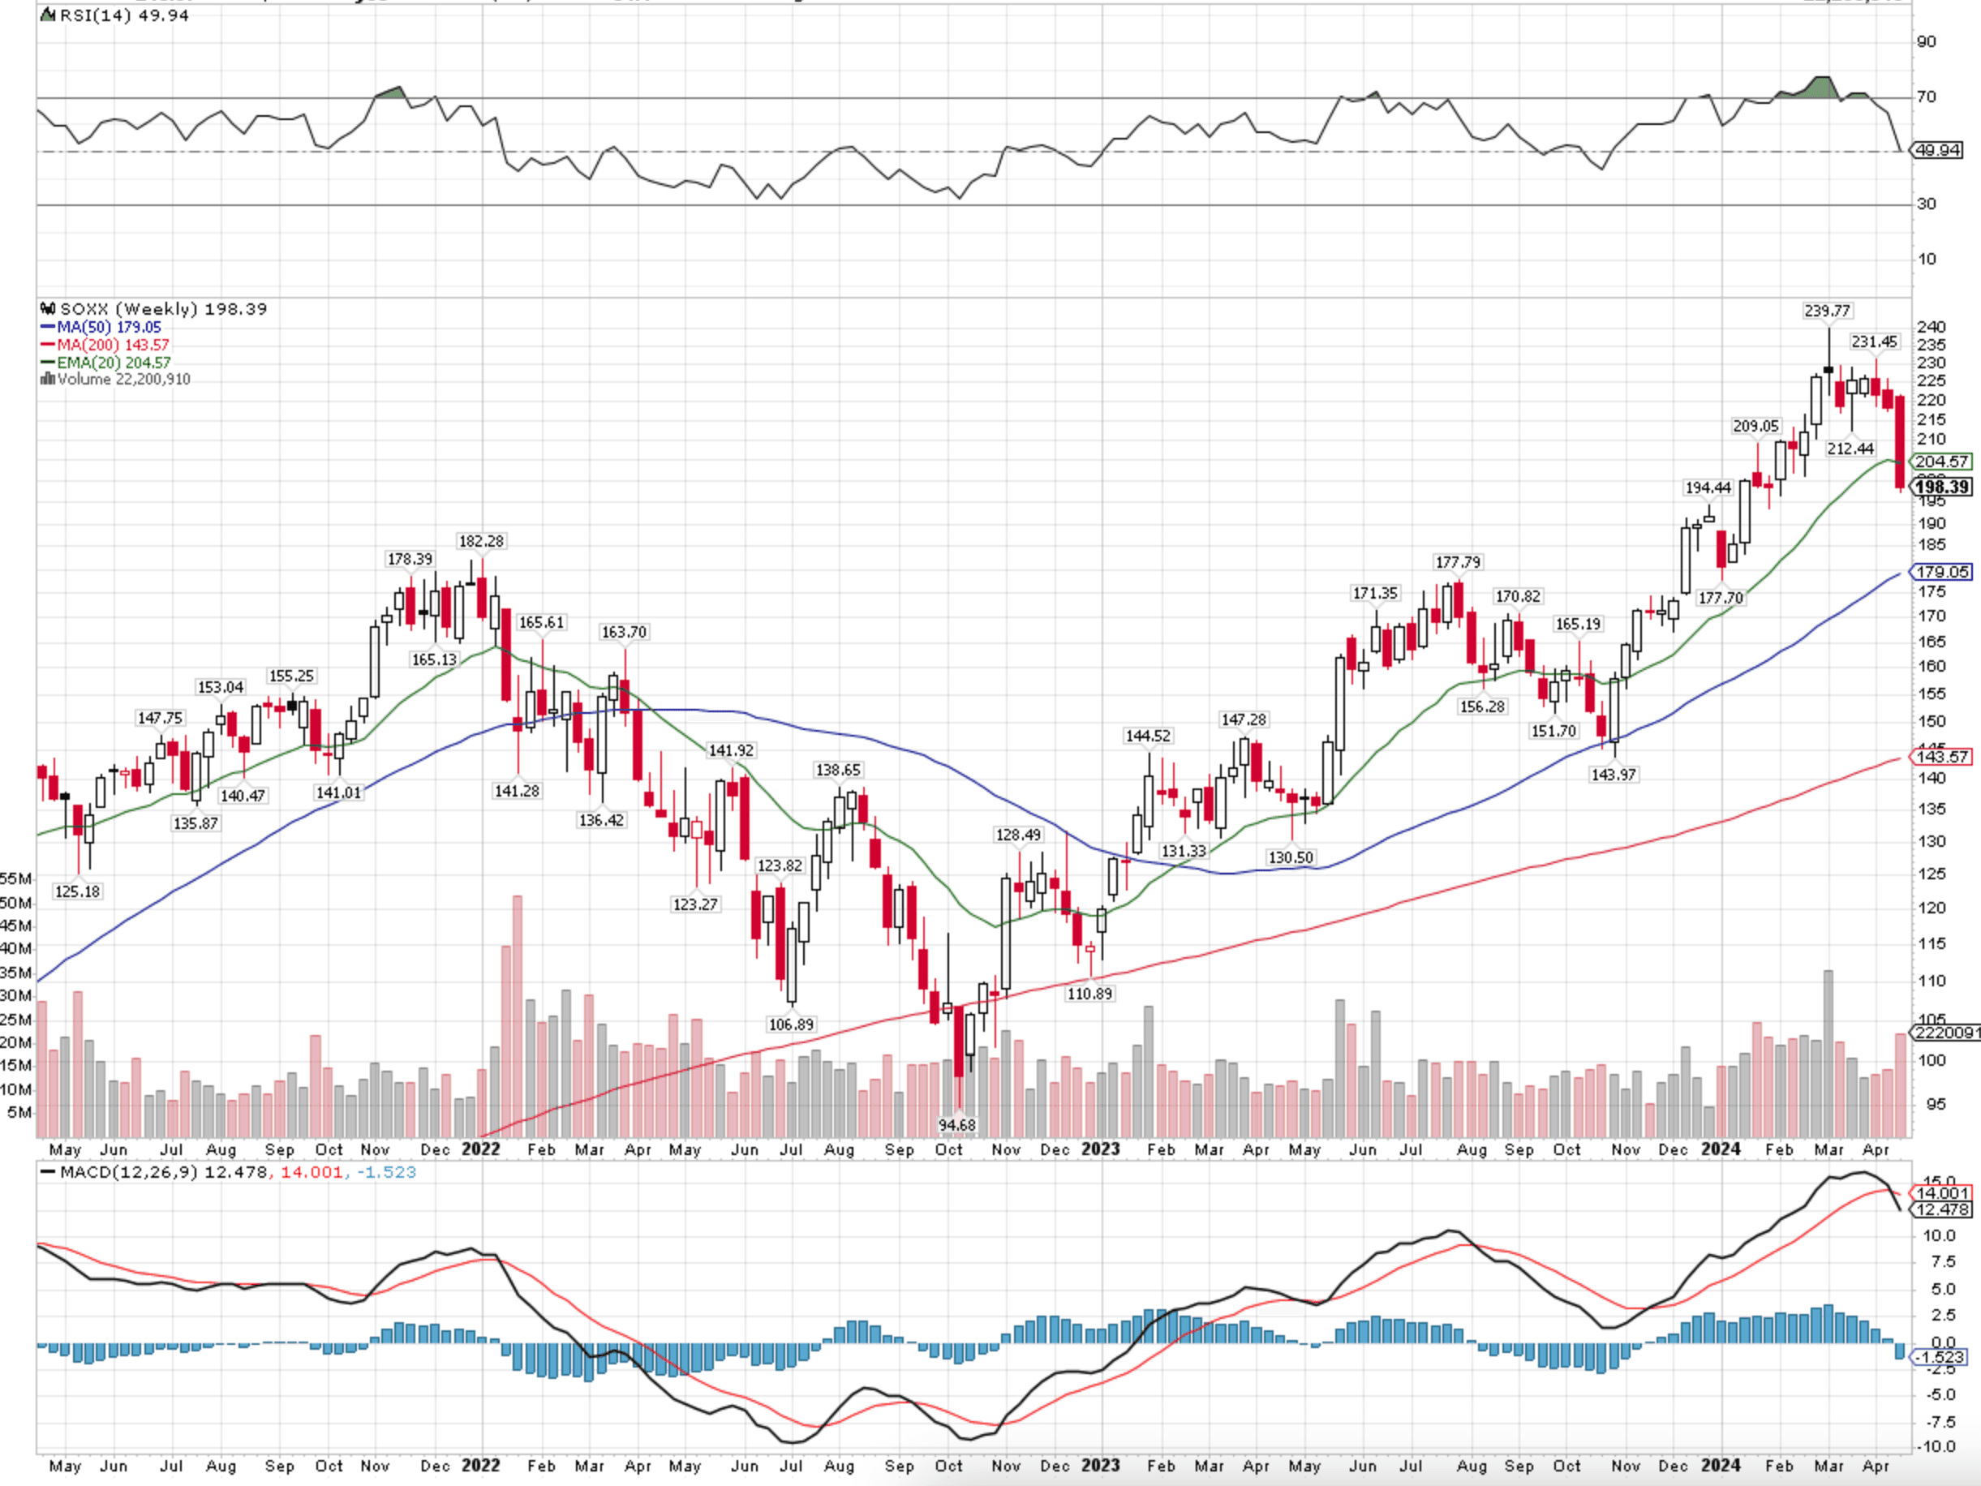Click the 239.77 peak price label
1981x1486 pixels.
coord(1826,311)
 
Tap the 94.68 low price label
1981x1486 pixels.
coord(956,1124)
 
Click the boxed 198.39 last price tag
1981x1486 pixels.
coord(1940,487)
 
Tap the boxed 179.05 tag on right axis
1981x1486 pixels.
coord(1940,572)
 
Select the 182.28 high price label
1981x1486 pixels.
coord(481,541)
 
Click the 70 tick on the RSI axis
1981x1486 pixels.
coord(1926,97)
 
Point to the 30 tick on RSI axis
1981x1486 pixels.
coord(1926,204)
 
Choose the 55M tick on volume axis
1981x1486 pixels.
coord(16,878)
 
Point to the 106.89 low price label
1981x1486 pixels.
coord(791,1024)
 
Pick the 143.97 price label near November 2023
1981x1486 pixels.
coord(1613,774)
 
